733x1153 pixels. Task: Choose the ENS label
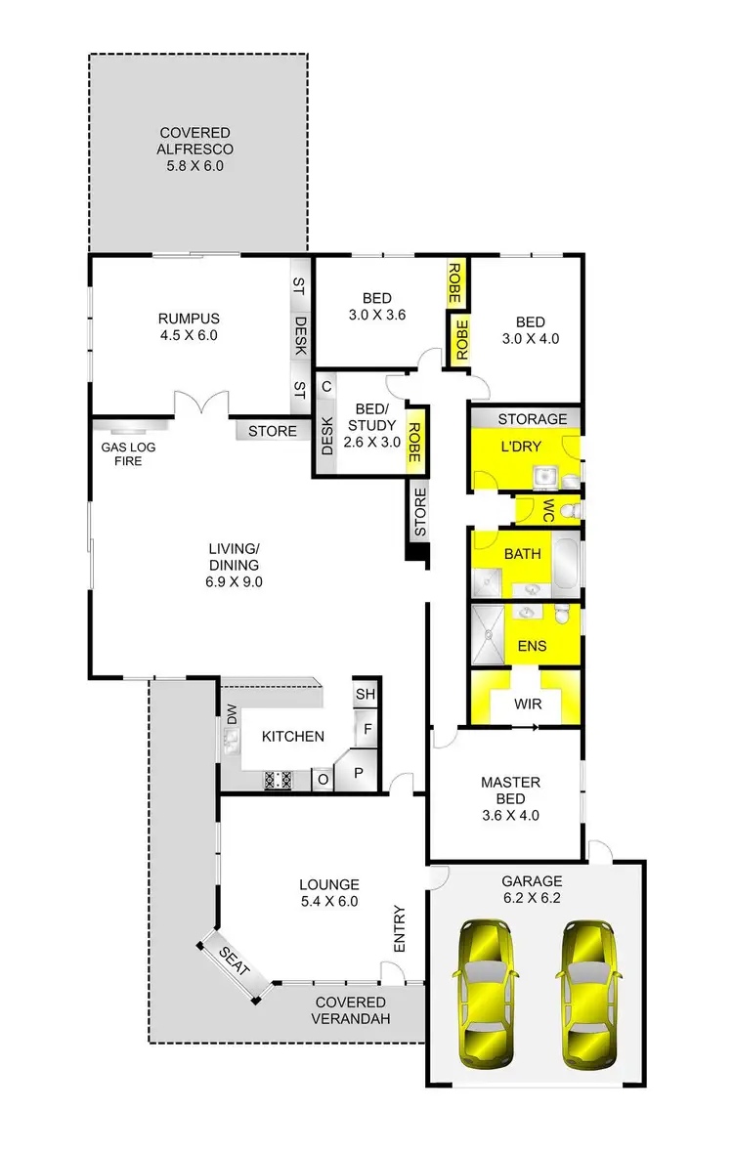click(533, 646)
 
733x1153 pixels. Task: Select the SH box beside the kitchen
click(366, 694)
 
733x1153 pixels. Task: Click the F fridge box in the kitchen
click(367, 730)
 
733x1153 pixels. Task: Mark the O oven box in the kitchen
click(322, 779)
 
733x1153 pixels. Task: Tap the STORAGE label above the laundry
click(533, 419)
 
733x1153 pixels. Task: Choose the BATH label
click(522, 554)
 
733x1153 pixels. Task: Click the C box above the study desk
click(326, 386)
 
